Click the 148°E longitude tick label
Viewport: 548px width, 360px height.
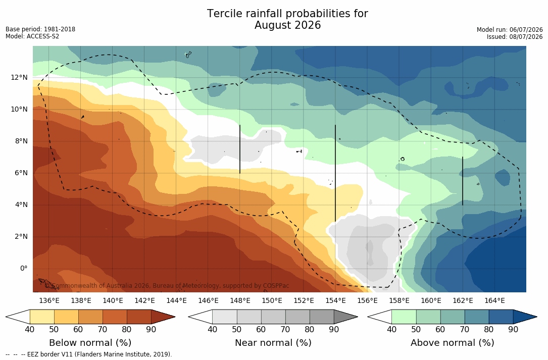coord(240,300)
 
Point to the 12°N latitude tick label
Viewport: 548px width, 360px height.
coord(19,77)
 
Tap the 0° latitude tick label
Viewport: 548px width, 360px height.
coord(23,269)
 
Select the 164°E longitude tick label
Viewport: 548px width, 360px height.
coord(495,300)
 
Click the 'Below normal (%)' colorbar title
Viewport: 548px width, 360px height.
coord(90,342)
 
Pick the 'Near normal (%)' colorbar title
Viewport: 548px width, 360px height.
coord(273,342)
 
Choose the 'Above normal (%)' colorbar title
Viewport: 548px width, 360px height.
coord(452,342)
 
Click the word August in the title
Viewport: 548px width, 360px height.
coord(272,26)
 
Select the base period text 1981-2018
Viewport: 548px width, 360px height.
coord(60,29)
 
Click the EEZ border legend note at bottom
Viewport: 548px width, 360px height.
coord(89,354)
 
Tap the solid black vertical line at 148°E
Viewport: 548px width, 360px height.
coord(240,149)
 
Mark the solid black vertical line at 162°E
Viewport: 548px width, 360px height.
coord(463,181)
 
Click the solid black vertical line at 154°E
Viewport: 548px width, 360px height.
coord(335,173)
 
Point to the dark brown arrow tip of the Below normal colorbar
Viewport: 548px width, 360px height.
coord(175,317)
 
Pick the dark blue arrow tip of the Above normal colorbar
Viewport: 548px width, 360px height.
coord(537,317)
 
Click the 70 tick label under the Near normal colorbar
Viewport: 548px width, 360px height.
coord(285,329)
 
